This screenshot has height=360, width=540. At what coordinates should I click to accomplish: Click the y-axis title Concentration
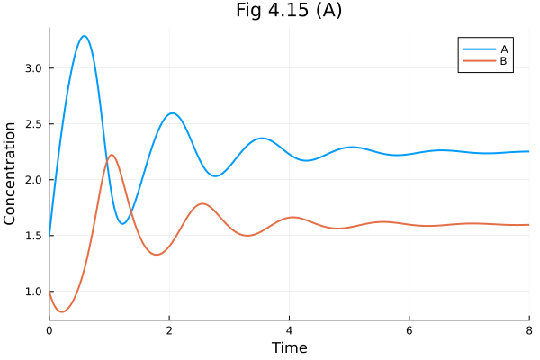click(11, 174)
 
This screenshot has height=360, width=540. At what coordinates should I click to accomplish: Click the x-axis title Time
click(289, 347)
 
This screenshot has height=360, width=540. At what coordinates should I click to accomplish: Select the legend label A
click(504, 49)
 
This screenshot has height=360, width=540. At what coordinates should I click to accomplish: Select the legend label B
click(504, 61)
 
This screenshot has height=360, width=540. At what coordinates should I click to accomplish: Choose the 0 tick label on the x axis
click(49, 329)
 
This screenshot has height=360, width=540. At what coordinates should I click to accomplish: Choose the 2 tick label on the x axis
click(169, 329)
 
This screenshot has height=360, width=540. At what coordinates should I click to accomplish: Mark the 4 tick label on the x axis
click(289, 329)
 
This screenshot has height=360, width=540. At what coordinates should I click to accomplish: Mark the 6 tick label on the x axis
click(409, 329)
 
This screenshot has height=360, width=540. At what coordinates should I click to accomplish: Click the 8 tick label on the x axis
click(528, 329)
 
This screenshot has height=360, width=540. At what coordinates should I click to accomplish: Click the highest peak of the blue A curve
click(84, 36)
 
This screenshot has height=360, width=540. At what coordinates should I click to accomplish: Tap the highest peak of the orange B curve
click(112, 155)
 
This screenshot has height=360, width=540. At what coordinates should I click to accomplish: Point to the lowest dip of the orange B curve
click(62, 311)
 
